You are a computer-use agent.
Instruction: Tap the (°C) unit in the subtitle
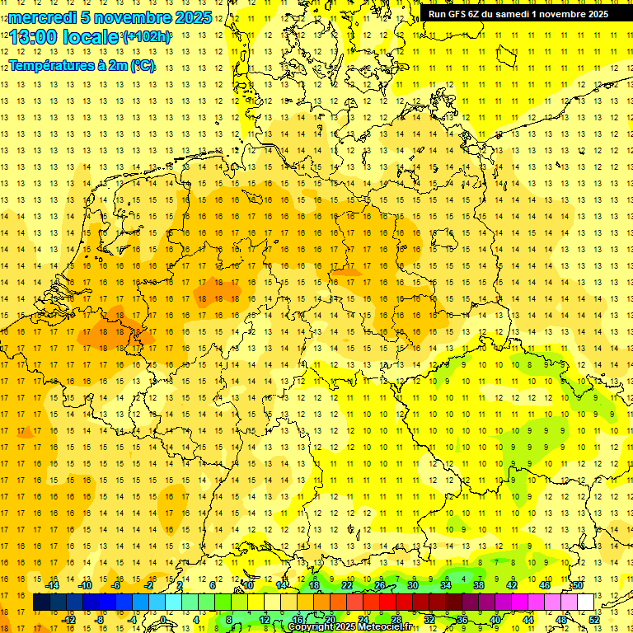pyautogui.click(x=141, y=65)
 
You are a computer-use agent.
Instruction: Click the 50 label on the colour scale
pyautogui.click(x=578, y=585)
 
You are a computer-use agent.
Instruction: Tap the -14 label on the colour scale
pyautogui.click(x=53, y=585)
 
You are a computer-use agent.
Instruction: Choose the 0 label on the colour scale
pyautogui.click(x=164, y=619)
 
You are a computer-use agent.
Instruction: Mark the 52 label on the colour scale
pyautogui.click(x=594, y=619)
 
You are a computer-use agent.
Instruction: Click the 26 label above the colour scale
pyautogui.click(x=379, y=585)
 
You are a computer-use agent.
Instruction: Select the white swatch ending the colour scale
pyautogui.click(x=585, y=602)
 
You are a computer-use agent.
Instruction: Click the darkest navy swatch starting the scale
pyautogui.click(x=41, y=602)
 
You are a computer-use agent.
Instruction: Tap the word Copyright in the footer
pyautogui.click(x=311, y=627)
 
